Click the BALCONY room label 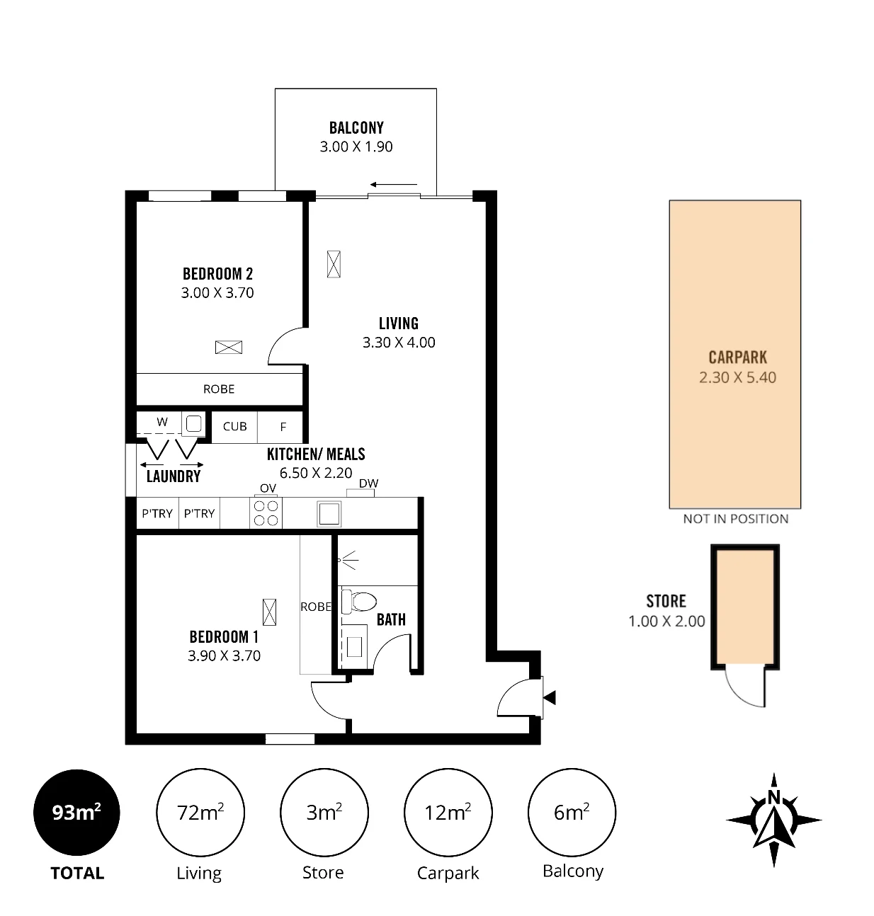(356, 127)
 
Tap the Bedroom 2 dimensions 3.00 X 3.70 (217, 292)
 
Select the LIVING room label (399, 324)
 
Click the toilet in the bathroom (359, 602)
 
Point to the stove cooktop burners (266, 513)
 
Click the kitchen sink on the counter (329, 514)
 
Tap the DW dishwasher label (368, 483)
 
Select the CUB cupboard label (234, 426)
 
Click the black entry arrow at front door (550, 698)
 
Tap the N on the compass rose (774, 797)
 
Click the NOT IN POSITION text (736, 519)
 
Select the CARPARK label (737, 357)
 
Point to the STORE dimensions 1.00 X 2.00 (666, 621)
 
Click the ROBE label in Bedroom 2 (219, 389)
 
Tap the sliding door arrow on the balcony (393, 185)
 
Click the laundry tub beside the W (193, 424)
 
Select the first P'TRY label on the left (157, 513)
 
